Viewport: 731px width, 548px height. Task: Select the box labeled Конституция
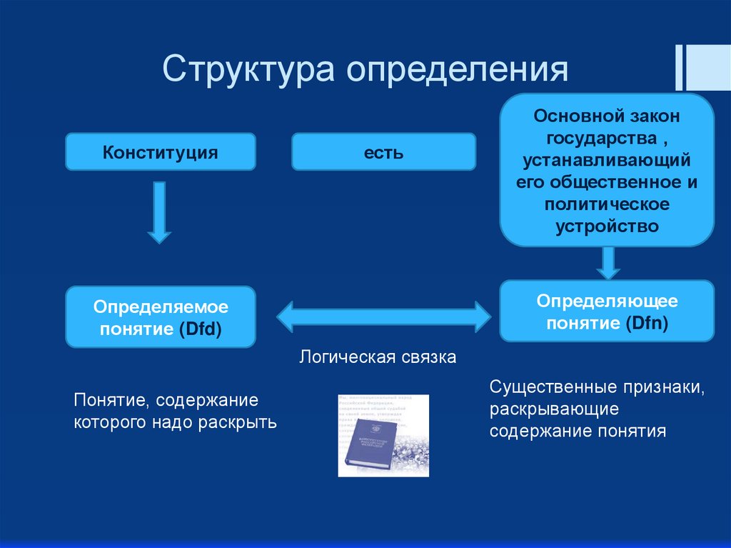click(160, 152)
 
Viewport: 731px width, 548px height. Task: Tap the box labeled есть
click(383, 152)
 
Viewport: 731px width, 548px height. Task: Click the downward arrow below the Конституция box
click(159, 212)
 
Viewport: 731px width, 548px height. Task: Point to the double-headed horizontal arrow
click(384, 315)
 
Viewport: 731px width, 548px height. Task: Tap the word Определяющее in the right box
click(608, 301)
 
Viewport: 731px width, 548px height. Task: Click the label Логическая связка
click(378, 357)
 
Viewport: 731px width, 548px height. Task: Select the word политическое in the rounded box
click(607, 204)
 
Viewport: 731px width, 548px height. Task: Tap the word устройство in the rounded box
click(607, 226)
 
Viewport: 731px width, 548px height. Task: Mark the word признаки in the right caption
click(662, 388)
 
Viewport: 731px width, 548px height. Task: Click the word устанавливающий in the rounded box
click(607, 159)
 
